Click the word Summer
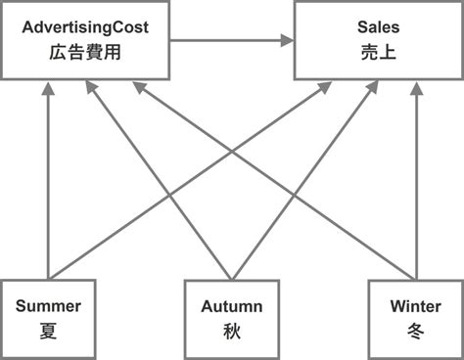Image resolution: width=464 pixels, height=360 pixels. point(48,305)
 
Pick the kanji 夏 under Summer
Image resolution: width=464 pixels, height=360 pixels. point(48,330)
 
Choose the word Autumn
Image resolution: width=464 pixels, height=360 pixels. point(232,305)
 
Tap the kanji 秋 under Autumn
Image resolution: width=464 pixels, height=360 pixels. point(232,330)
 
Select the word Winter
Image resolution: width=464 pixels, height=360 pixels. point(415,305)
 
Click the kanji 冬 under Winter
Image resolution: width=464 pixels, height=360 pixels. point(415,330)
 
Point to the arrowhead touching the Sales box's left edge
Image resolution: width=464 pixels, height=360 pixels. point(288,40)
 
